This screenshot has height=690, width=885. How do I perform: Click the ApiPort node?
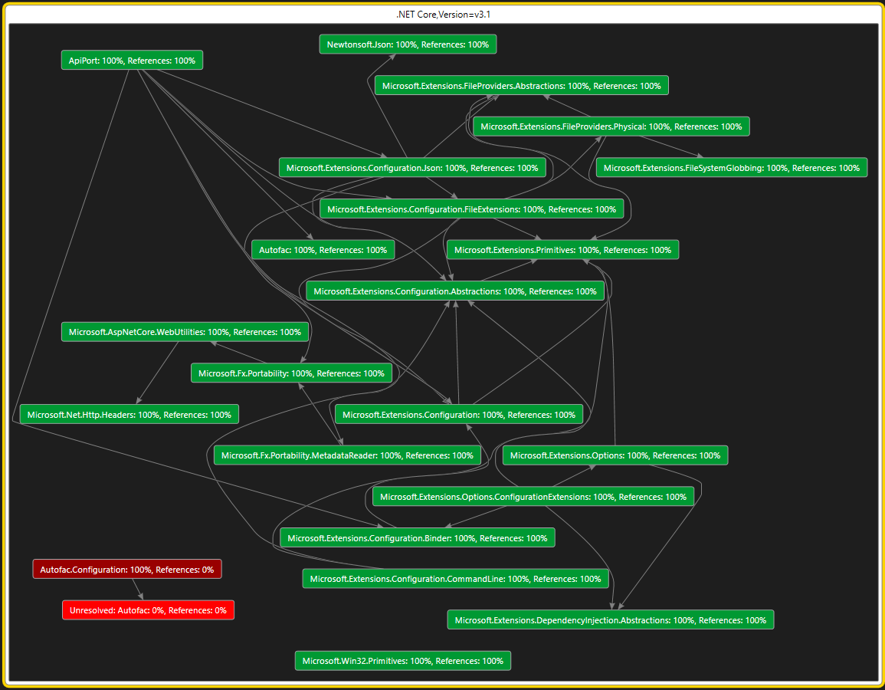pyautogui.click(x=132, y=60)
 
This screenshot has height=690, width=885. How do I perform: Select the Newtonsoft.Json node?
pyautogui.click(x=408, y=44)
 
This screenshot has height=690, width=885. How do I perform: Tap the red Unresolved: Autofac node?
pyautogui.click(x=148, y=610)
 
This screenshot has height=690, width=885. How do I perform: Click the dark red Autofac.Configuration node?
pyautogui.click(x=127, y=570)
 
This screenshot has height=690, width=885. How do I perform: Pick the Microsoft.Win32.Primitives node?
pyautogui.click(x=402, y=661)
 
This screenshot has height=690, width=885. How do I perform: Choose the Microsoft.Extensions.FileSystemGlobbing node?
pyautogui.click(x=732, y=168)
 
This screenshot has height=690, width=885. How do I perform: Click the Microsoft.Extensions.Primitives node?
pyautogui.click(x=562, y=250)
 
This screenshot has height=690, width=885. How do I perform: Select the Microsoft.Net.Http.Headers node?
pyautogui.click(x=129, y=415)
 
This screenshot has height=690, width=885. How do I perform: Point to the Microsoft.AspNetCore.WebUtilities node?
pyautogui.click(x=185, y=332)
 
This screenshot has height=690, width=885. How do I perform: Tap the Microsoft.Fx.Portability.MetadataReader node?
pyautogui.click(x=347, y=455)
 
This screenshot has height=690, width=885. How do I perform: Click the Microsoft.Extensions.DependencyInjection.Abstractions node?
pyautogui.click(x=610, y=620)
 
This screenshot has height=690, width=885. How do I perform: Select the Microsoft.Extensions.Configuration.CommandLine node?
pyautogui.click(x=456, y=579)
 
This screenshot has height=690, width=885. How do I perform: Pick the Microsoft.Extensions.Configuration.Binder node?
pyautogui.click(x=418, y=538)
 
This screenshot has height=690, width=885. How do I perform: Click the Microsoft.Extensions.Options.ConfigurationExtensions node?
pyautogui.click(x=533, y=497)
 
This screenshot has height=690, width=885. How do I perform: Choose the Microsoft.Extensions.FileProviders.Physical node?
pyautogui.click(x=611, y=127)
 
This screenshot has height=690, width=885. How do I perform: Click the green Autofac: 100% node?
pyautogui.click(x=323, y=250)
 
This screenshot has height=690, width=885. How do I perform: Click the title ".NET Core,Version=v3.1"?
pyautogui.click(x=442, y=15)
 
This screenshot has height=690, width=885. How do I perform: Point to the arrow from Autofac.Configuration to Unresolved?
pyautogui.click(x=137, y=589)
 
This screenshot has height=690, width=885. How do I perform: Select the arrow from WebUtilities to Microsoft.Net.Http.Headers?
pyautogui.click(x=158, y=373)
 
